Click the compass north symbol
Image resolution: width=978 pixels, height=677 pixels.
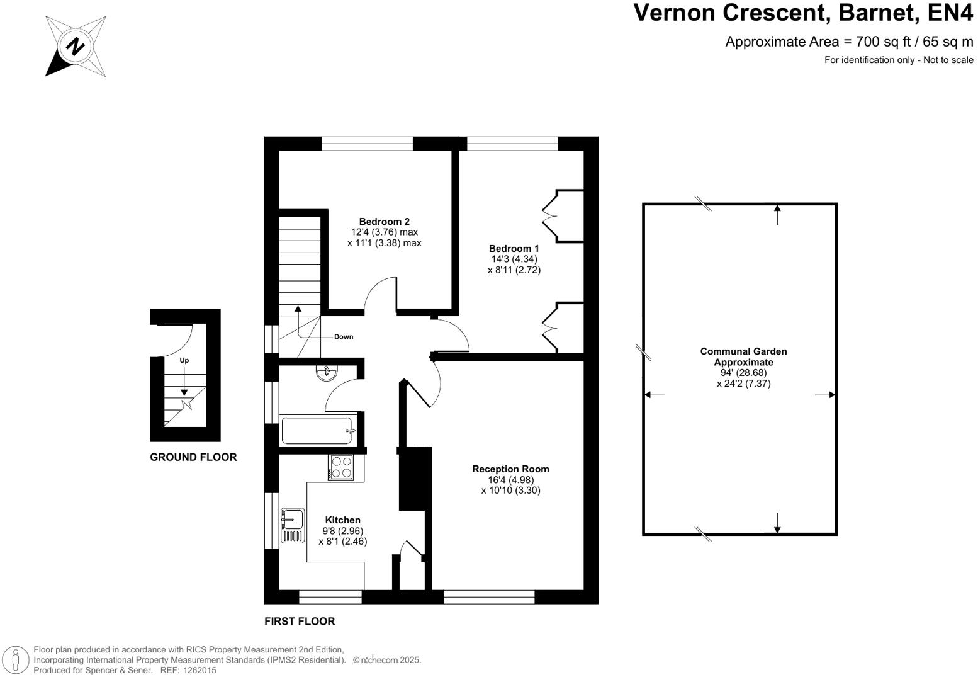(x=76, y=47)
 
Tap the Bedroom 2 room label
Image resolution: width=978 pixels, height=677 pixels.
(x=384, y=222)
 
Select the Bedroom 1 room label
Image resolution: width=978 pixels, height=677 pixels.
(x=514, y=249)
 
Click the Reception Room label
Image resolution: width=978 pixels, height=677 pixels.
(x=510, y=469)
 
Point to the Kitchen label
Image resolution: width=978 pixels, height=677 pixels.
(x=343, y=520)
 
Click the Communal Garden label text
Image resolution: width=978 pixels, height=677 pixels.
(x=743, y=356)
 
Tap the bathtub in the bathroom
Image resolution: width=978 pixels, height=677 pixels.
(x=317, y=431)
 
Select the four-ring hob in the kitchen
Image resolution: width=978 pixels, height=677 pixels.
(x=341, y=467)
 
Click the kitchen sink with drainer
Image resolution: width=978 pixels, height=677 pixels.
(x=293, y=525)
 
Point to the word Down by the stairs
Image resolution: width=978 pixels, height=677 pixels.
(x=344, y=337)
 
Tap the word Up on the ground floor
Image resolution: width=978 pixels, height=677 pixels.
(x=184, y=360)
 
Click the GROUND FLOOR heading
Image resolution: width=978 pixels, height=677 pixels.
(x=193, y=457)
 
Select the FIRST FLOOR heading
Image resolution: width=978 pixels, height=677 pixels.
(x=300, y=621)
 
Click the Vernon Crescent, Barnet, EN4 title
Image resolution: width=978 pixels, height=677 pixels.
(x=803, y=13)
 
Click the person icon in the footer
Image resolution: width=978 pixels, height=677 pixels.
(x=16, y=659)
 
